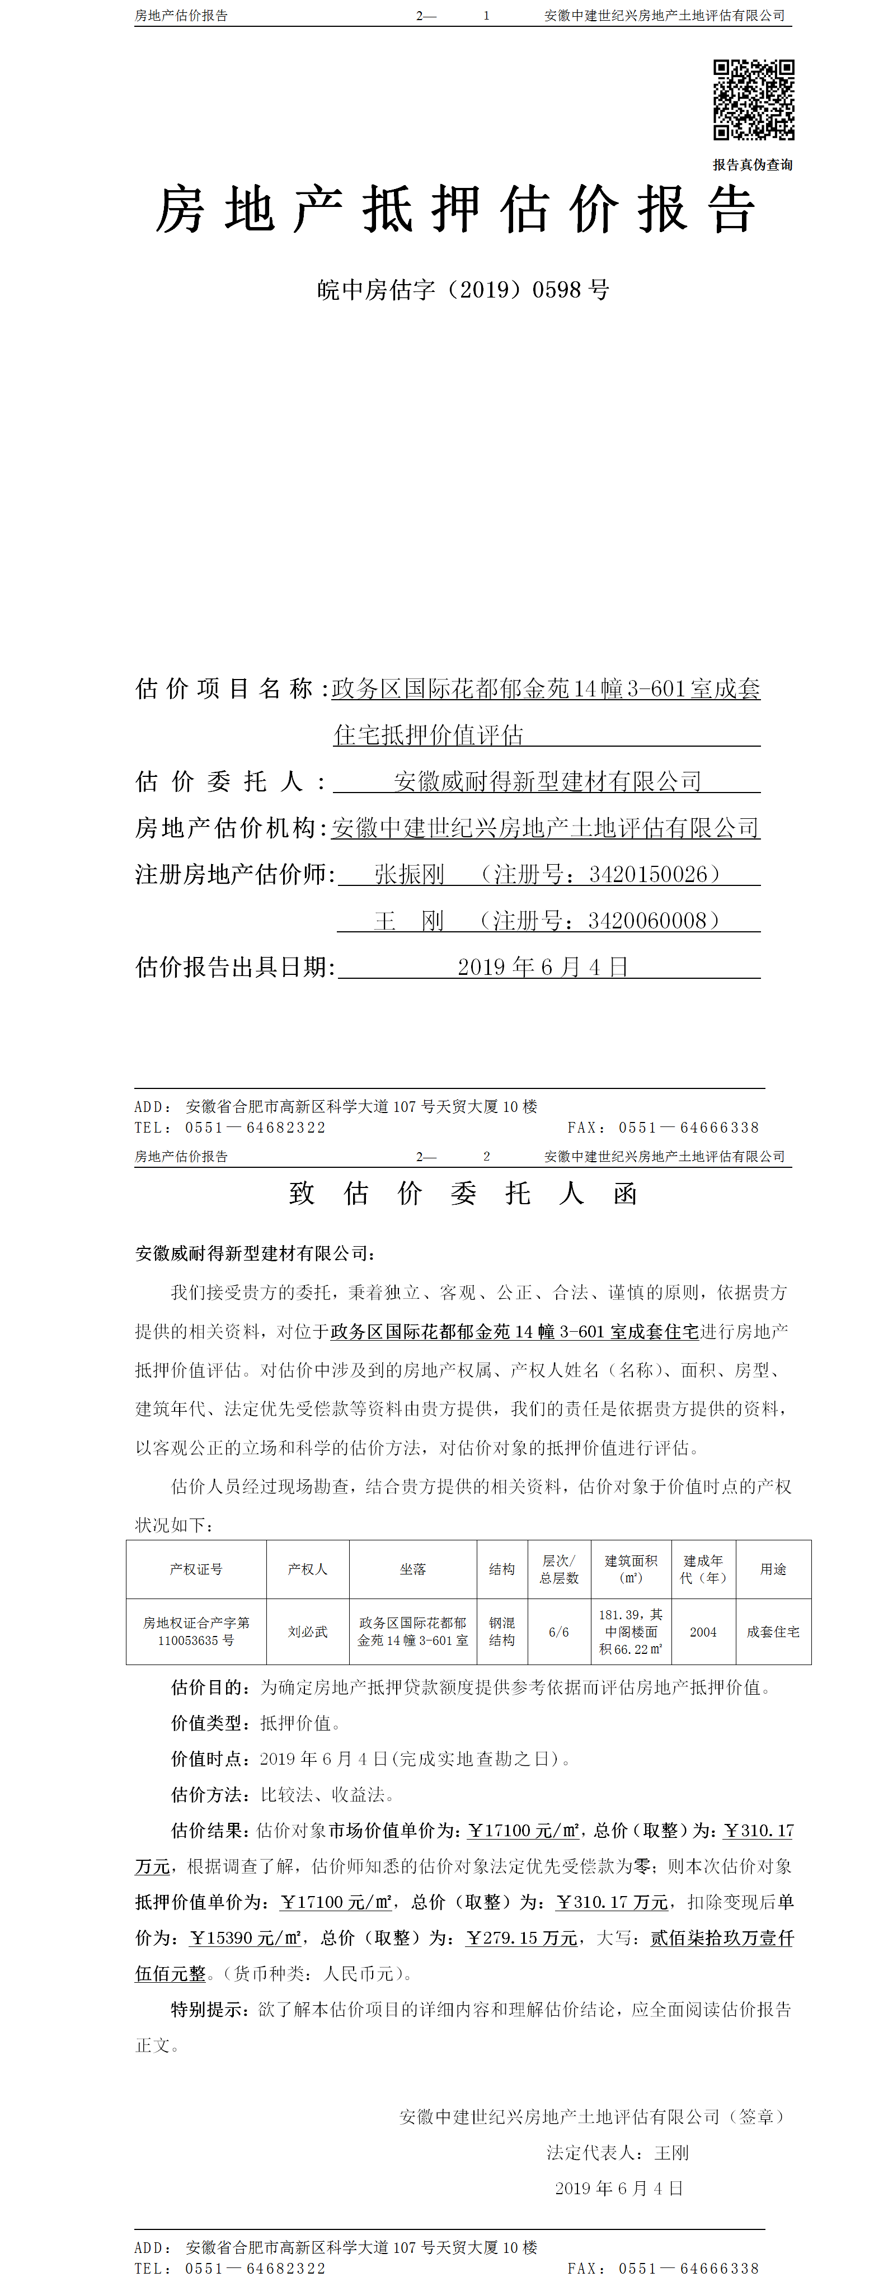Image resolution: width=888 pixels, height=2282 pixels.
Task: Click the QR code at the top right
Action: click(x=753, y=100)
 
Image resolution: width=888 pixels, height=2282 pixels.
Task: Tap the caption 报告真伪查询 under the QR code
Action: click(x=753, y=165)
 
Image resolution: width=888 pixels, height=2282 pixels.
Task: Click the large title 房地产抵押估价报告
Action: click(x=455, y=211)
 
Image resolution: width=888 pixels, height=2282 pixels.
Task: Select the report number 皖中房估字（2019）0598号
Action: click(x=463, y=290)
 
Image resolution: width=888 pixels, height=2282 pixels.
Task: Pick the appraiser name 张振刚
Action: click(x=410, y=874)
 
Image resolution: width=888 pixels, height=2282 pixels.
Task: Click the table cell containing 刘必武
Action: click(x=308, y=1632)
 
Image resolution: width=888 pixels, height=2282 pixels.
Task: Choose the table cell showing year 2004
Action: click(x=703, y=1632)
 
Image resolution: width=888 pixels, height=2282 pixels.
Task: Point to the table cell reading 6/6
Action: click(x=558, y=1632)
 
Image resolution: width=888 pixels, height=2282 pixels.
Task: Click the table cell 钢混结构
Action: click(x=501, y=1632)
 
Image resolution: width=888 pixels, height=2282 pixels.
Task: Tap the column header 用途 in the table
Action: click(x=773, y=1569)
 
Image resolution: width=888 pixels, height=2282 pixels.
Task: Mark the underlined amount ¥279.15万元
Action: click(x=522, y=1937)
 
